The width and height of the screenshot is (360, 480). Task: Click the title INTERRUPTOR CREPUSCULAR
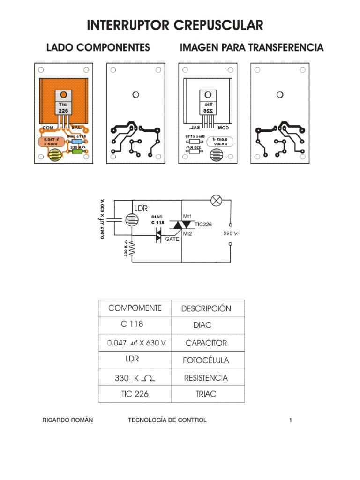[x=175, y=25]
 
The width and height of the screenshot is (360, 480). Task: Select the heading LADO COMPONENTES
[x=98, y=47]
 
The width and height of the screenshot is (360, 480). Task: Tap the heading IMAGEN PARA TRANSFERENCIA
[x=252, y=47]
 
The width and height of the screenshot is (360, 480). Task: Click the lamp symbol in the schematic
[x=216, y=201]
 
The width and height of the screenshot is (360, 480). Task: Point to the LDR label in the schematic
[x=141, y=208]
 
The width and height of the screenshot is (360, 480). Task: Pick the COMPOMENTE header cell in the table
[x=135, y=308]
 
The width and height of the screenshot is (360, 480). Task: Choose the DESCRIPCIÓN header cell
[x=206, y=308]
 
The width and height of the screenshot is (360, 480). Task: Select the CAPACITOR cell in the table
[x=206, y=343]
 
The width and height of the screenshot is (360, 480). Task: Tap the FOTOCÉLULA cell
[x=206, y=360]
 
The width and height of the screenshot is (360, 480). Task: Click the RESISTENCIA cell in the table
[x=206, y=378]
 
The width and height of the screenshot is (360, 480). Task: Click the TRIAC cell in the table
[x=206, y=394]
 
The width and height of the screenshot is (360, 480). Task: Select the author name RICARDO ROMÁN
[x=67, y=420]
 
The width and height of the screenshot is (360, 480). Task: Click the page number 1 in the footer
[x=291, y=420]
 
